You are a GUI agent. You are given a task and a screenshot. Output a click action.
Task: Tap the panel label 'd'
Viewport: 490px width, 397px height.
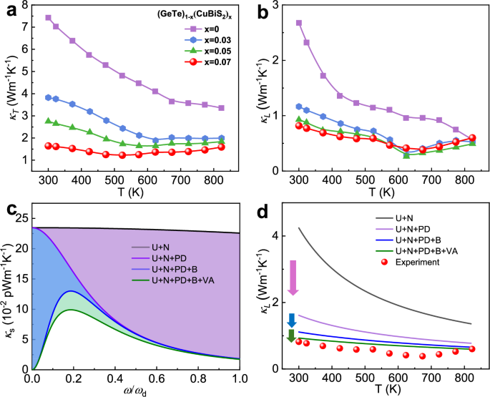262,213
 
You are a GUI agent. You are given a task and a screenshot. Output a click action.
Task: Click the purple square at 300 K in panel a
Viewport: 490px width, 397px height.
48,18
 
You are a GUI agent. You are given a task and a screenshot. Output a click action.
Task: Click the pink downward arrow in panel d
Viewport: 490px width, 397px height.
292,279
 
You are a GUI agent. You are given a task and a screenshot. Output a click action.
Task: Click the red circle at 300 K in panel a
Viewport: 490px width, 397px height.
48,145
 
